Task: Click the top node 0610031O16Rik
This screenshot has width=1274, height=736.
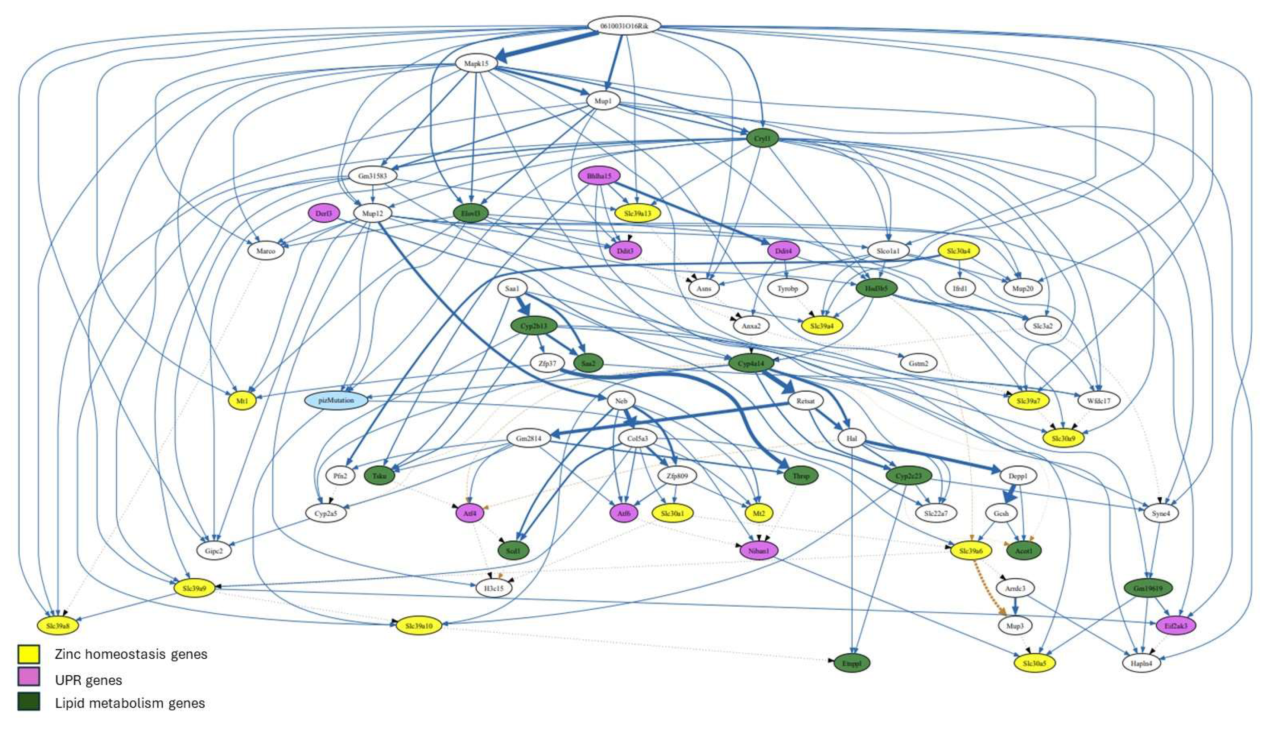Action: tap(624, 26)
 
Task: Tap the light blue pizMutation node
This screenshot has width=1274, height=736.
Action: tap(336, 400)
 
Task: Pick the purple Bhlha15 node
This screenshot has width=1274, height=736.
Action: tap(599, 176)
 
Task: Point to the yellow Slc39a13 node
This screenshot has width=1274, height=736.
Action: tap(637, 213)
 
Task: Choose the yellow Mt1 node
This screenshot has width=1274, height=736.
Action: tap(242, 401)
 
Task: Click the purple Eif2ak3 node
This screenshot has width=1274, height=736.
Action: tap(1176, 625)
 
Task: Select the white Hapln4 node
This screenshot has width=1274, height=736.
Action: tap(1141, 663)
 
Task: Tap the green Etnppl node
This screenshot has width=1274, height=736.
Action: tap(852, 663)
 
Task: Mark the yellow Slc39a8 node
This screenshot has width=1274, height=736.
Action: tap(58, 625)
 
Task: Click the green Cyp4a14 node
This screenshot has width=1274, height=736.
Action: tap(751, 363)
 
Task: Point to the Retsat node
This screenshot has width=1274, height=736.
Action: tap(805, 401)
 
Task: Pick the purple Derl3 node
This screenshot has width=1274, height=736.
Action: tap(324, 213)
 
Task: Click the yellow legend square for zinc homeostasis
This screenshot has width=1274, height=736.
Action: tap(29, 654)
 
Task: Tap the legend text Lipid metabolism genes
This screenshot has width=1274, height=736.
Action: tap(130, 703)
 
